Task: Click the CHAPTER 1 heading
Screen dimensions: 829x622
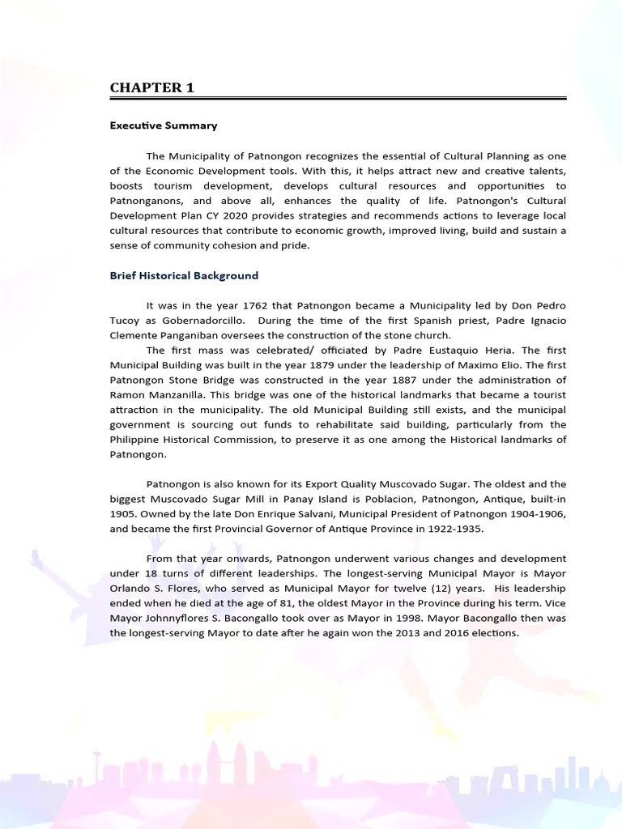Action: click(152, 87)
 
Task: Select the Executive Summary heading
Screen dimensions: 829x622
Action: click(164, 125)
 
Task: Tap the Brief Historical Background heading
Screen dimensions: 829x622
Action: click(184, 275)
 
